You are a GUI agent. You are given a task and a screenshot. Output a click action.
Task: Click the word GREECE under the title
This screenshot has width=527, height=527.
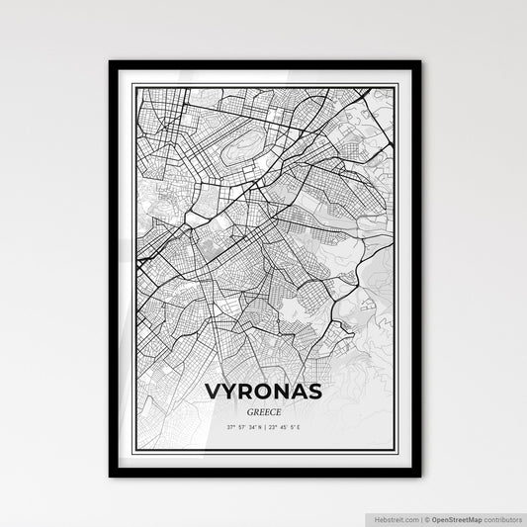[x=265, y=410]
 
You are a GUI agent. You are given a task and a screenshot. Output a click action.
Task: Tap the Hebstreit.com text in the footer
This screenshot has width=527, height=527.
[x=395, y=518]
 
